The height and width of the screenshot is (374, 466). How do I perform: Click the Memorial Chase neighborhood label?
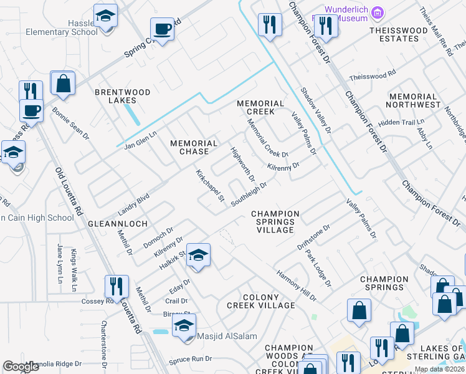point(194,148)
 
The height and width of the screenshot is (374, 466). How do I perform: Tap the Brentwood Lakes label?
point(122,96)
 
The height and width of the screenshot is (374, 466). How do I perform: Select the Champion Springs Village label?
point(275,222)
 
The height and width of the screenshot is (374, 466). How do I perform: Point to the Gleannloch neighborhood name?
point(118,223)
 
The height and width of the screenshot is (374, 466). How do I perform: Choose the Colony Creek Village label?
point(260,301)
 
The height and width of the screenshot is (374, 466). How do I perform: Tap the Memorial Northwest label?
point(412,101)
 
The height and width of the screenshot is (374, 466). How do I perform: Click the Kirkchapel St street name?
point(210,186)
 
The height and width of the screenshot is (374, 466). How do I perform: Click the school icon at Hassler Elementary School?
point(105,16)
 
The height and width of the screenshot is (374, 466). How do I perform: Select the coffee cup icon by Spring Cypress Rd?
point(162,29)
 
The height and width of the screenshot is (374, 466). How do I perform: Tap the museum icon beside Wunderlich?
point(376,12)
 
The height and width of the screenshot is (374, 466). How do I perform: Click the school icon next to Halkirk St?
point(198,256)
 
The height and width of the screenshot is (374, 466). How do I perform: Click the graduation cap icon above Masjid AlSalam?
point(184,326)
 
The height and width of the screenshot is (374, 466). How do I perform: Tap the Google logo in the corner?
point(21,367)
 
